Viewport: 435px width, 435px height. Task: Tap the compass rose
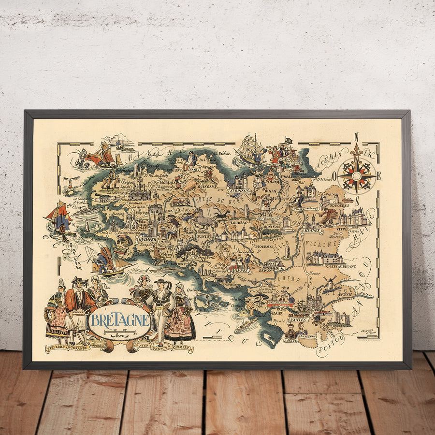click(x=357, y=175)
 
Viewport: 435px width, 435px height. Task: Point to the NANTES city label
click(x=298, y=319)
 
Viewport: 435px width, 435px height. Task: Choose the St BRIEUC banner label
click(x=241, y=190)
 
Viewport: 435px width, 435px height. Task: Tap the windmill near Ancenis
click(x=331, y=284)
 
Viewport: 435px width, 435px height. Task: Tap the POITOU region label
click(x=331, y=345)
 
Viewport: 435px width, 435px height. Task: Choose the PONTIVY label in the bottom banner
click(x=162, y=347)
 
